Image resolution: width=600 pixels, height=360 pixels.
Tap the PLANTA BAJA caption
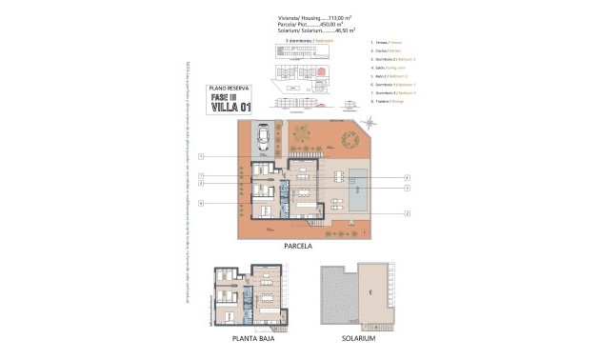pyautogui.click(x=248, y=338)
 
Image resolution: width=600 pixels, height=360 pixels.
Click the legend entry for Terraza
pyautogui.click(x=386, y=44)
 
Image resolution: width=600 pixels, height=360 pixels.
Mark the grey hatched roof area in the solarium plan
pyautogui.click(x=337, y=296)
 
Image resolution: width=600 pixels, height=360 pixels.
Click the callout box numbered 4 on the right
pyautogui.click(x=407, y=177)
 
